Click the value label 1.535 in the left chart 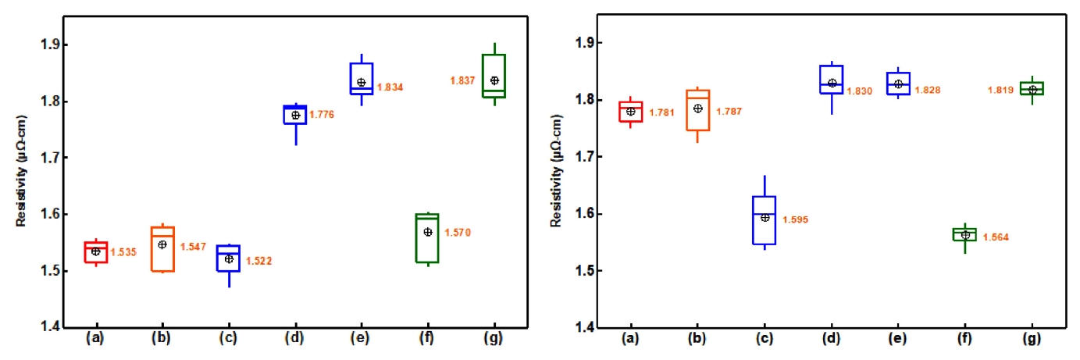pos(122,252)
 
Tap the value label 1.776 pos(322,116)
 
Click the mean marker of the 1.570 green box pos(428,232)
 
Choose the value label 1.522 pos(258,260)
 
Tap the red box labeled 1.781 pos(631,112)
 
